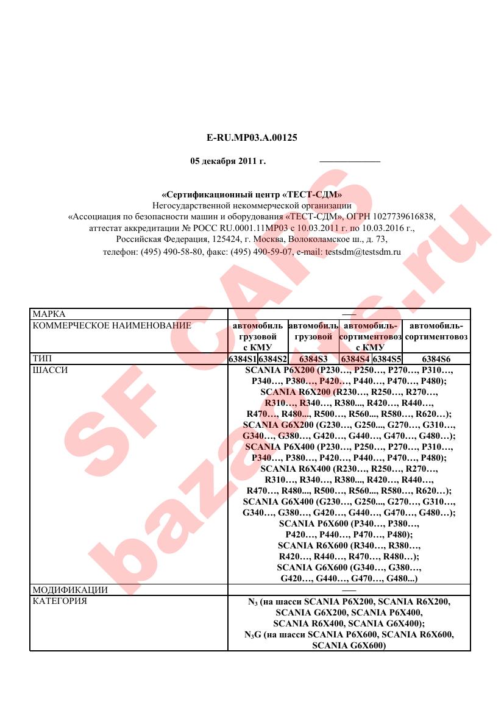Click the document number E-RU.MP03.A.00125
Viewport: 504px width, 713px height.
(x=252, y=138)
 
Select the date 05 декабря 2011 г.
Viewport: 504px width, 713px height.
(x=228, y=162)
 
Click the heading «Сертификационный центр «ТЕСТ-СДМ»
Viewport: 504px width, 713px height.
(x=252, y=195)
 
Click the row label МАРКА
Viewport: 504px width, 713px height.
(x=49, y=314)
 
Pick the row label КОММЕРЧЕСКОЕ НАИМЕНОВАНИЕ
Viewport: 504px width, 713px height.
(x=112, y=325)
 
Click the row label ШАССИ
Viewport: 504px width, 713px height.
(x=49, y=370)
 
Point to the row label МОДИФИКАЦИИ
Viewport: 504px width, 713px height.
(x=70, y=590)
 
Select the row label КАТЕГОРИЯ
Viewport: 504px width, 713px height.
(x=59, y=601)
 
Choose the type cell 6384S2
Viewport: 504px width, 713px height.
(x=272, y=359)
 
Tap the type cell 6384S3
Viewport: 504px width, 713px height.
(x=313, y=359)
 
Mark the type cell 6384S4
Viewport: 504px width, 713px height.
(x=356, y=359)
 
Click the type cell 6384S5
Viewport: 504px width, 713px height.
(x=387, y=359)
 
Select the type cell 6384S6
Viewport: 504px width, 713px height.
(x=436, y=359)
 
